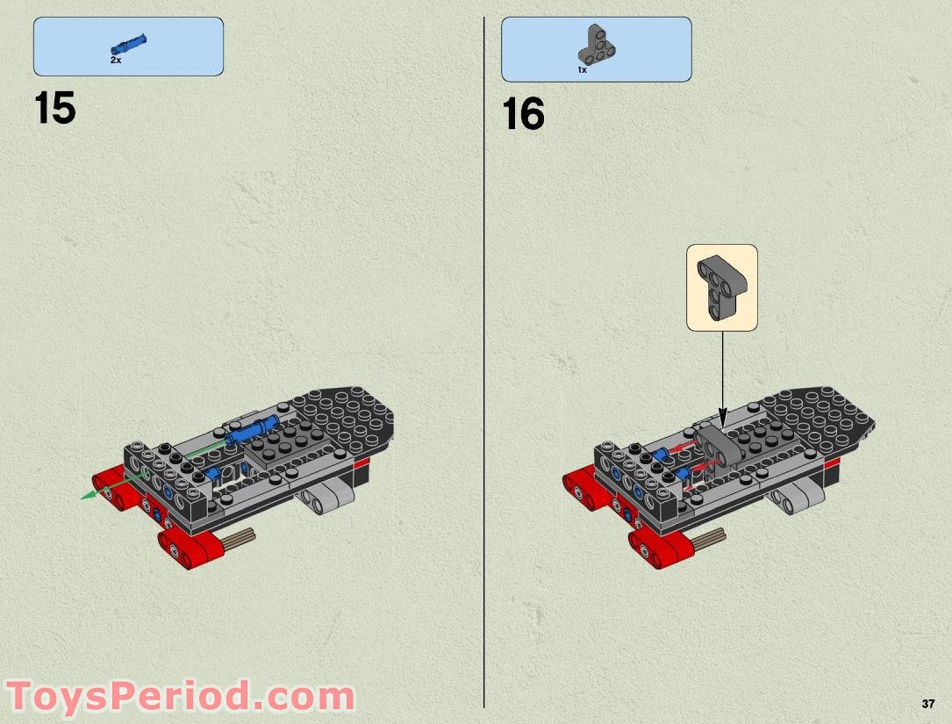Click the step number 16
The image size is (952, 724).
point(524,115)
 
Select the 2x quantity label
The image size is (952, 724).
point(115,61)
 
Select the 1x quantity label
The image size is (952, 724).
point(582,69)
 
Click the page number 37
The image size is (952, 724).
point(928,704)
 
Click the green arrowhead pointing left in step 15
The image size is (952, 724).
point(88,496)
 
